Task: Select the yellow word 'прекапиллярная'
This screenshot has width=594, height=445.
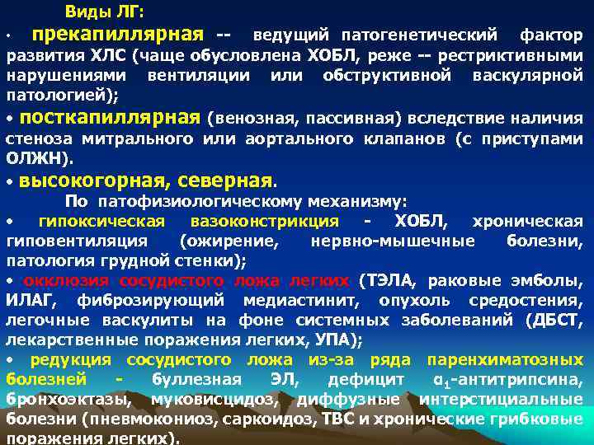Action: (115, 35)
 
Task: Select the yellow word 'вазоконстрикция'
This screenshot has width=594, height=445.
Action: (264, 221)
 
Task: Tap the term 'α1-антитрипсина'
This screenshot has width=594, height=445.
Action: (507, 380)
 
